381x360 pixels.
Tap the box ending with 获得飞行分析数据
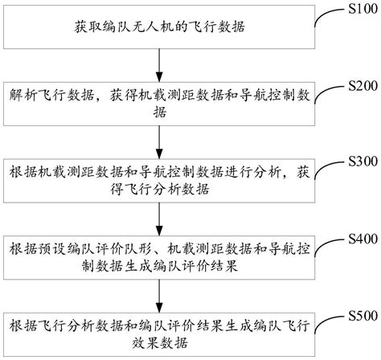pyautogui.click(x=161, y=181)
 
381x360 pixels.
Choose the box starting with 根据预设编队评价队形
pyautogui.click(x=161, y=257)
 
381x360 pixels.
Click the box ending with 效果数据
pyautogui.click(x=161, y=333)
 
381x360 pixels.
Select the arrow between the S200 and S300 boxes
pyautogui.click(x=162, y=139)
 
